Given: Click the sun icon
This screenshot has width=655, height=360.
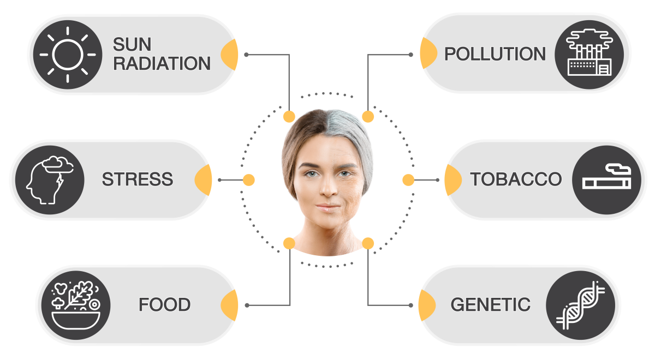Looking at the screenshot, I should click(68, 55).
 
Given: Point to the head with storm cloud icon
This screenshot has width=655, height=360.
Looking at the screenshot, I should click(50, 179).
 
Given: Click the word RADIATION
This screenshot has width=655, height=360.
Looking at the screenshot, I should click(162, 64).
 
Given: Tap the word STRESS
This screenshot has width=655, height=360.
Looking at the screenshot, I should click(138, 179).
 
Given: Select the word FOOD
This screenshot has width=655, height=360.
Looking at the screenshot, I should click(164, 304).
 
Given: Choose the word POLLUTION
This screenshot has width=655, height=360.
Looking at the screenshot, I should click(495, 54).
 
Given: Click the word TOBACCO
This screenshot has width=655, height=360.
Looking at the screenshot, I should click(516, 179).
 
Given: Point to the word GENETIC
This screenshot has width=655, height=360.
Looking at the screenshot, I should click(490, 304).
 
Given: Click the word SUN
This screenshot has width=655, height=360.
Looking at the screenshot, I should click(132, 44).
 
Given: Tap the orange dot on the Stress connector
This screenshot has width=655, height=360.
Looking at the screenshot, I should click(248, 179).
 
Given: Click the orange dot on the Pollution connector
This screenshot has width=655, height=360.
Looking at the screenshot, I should click(368, 116).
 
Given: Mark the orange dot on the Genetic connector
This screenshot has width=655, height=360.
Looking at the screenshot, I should click(368, 243).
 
